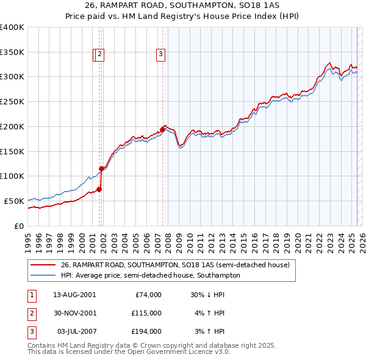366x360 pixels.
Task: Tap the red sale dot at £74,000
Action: pos(99,189)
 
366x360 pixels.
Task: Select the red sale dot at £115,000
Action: pos(102,169)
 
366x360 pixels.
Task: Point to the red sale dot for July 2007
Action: pos(162,129)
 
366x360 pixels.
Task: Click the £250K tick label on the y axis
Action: pos(12,102)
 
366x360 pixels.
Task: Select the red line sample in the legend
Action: pos(43,265)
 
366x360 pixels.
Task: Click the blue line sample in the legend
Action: pos(43,275)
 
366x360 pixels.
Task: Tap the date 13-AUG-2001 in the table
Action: pos(74,295)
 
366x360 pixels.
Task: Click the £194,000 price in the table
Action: pos(146,331)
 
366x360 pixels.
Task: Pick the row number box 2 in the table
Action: pos(31,313)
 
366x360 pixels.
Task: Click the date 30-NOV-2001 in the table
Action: pos(74,313)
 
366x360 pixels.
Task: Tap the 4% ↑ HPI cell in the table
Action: pos(210,313)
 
